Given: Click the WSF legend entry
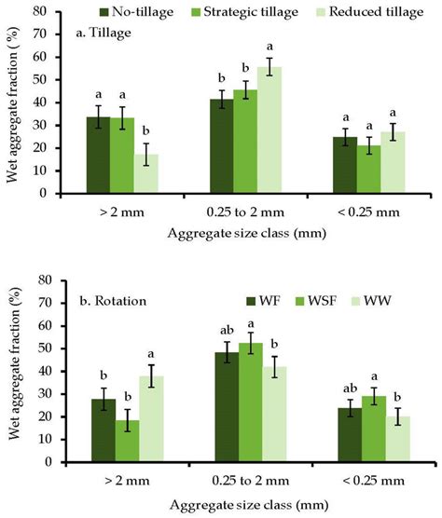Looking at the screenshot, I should pos(318,299).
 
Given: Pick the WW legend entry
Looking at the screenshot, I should pos(380,299).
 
